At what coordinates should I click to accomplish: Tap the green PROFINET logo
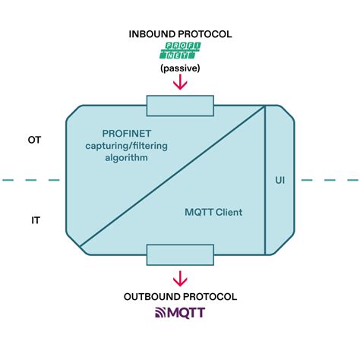tap(179, 52)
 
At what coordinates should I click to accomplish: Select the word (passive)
tap(179, 68)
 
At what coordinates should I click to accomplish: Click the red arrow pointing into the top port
tap(180, 82)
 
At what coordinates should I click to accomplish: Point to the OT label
tap(34, 139)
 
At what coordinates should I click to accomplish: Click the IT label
tap(35, 219)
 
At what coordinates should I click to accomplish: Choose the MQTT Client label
tap(213, 213)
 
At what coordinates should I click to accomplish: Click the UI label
tap(279, 181)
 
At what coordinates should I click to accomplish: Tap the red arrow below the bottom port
tap(180, 277)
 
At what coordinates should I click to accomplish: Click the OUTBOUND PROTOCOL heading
tap(180, 296)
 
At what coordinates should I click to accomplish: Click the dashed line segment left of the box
tap(30, 180)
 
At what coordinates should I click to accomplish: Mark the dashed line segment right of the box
tap(330, 180)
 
